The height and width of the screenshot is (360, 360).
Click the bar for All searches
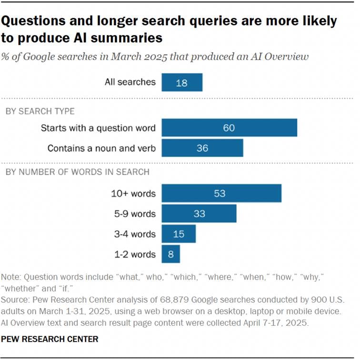182,82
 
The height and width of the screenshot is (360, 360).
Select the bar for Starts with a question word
229,128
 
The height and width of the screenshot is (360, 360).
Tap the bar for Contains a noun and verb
202,148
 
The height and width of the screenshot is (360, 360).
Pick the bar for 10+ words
221,193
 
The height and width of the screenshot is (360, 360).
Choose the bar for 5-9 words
199,214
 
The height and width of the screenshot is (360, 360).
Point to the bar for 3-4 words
179,234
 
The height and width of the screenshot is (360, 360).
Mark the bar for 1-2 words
171,254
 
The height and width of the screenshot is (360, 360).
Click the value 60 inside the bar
229,128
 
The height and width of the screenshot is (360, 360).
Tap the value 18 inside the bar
181,83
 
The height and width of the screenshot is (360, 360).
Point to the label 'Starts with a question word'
98,128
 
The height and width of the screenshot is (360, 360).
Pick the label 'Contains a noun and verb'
101,148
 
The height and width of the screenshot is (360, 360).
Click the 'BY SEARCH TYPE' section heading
40,111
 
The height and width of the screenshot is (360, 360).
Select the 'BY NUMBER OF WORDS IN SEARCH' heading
77,171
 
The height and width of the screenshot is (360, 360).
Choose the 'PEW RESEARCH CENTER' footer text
50,340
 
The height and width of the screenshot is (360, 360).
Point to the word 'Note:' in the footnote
12,277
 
